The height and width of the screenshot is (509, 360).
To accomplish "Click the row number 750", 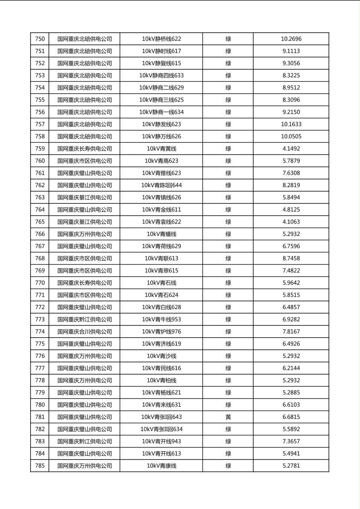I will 40,39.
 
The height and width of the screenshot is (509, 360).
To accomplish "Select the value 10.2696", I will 291,39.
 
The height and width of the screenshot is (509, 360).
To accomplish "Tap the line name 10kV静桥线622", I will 161,39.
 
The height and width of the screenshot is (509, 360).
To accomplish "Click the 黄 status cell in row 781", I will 228,417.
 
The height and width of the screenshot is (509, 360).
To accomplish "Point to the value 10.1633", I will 291,124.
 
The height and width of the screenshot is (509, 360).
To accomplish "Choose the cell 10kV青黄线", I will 161,149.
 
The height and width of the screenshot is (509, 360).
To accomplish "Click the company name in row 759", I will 84,149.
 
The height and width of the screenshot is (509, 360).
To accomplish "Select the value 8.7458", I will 291,259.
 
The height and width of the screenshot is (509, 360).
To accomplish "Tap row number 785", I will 40,466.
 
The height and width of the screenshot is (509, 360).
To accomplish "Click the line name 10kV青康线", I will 161,466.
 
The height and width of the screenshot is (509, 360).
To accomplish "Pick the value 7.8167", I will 291,332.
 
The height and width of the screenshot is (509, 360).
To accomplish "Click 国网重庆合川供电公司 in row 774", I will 84,332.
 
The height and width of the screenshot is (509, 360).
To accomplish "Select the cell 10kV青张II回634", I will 161,429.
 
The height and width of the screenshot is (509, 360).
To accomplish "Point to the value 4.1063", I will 291,222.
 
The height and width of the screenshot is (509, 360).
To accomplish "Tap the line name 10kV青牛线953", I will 161,319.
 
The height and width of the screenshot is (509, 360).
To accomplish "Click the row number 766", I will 40,234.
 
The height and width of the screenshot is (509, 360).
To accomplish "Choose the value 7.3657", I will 291,441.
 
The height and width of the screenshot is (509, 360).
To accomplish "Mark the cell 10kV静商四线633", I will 161,75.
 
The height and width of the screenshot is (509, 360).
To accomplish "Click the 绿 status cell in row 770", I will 228,283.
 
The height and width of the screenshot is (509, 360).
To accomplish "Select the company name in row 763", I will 84,198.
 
